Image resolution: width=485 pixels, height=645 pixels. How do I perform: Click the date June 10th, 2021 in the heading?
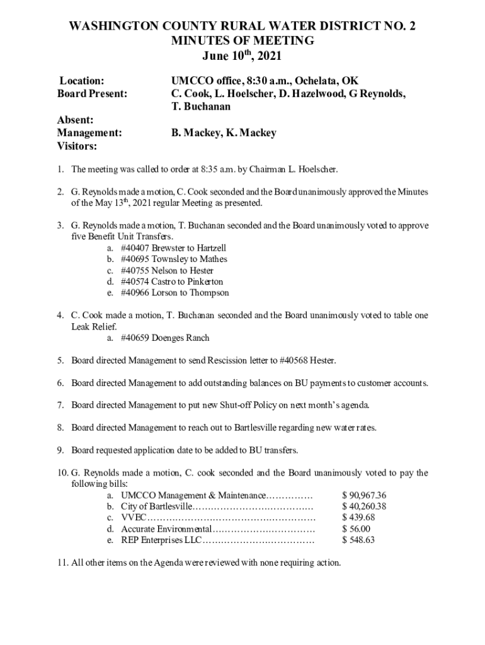242,56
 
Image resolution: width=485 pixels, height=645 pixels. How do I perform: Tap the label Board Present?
92,94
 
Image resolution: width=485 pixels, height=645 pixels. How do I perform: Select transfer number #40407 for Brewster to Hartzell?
137,248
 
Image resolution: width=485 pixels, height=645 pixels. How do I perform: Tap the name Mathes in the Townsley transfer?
214,259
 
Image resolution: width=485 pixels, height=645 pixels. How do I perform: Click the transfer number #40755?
137,270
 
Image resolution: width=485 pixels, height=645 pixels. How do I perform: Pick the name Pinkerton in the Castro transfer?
203,282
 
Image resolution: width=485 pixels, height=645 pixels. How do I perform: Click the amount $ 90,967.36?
364,495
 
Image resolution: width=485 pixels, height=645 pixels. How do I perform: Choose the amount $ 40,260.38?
364,506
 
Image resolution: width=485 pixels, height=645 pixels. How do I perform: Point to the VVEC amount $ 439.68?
358,518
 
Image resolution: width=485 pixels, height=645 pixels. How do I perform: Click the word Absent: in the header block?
76,120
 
